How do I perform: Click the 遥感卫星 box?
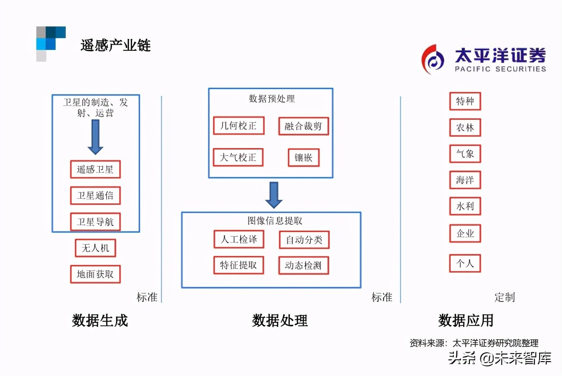(x=95, y=169)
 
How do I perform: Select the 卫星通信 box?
(x=95, y=195)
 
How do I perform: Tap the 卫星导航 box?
(x=95, y=222)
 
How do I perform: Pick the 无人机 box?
(x=95, y=248)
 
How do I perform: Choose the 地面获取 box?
(x=95, y=274)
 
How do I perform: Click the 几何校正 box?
(x=239, y=126)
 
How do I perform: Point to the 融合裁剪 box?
(x=303, y=126)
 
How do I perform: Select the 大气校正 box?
(x=238, y=157)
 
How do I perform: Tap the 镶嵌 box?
(x=303, y=158)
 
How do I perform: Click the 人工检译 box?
(x=239, y=239)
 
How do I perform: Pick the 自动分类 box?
(x=304, y=240)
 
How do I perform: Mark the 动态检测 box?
(x=303, y=266)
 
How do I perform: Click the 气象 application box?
(x=465, y=154)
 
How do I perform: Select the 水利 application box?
(x=465, y=206)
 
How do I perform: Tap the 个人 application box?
(x=465, y=263)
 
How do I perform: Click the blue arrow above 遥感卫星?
(x=95, y=137)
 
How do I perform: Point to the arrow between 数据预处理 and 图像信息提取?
(x=274, y=195)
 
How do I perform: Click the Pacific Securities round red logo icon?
(x=432, y=60)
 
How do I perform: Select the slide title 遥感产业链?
(x=115, y=46)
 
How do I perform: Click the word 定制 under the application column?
(x=505, y=297)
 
